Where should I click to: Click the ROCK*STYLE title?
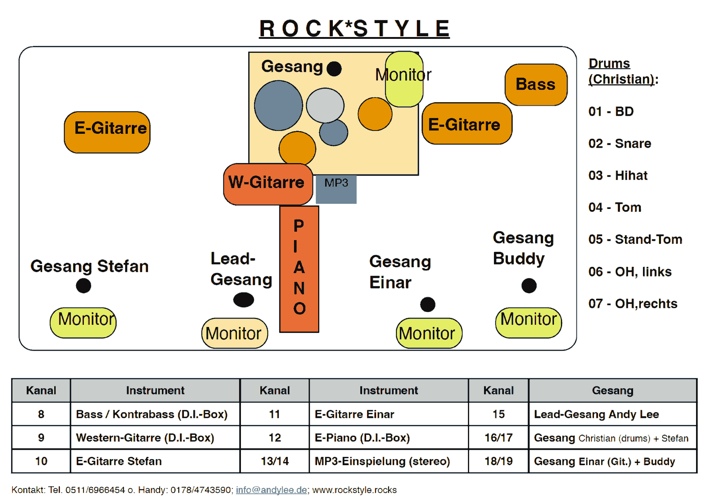pos(354,29)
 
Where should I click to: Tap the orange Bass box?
pos(536,85)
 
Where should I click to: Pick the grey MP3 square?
pos(336,189)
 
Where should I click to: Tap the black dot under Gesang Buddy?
pos(529,286)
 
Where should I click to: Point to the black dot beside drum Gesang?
pos(334,69)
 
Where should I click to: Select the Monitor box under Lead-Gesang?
pos(234,333)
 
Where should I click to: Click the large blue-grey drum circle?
pos(278,105)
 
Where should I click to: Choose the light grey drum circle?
pos(325,105)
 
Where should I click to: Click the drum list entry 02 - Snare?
pos(620,143)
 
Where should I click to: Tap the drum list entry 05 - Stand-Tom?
pos(635,239)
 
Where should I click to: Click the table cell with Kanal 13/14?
pos(275,461)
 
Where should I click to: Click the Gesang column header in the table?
pos(613,390)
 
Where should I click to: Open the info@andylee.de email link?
pos(271,490)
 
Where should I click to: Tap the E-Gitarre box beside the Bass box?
pos(466,124)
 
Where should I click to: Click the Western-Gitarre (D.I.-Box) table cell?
pos(145,438)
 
